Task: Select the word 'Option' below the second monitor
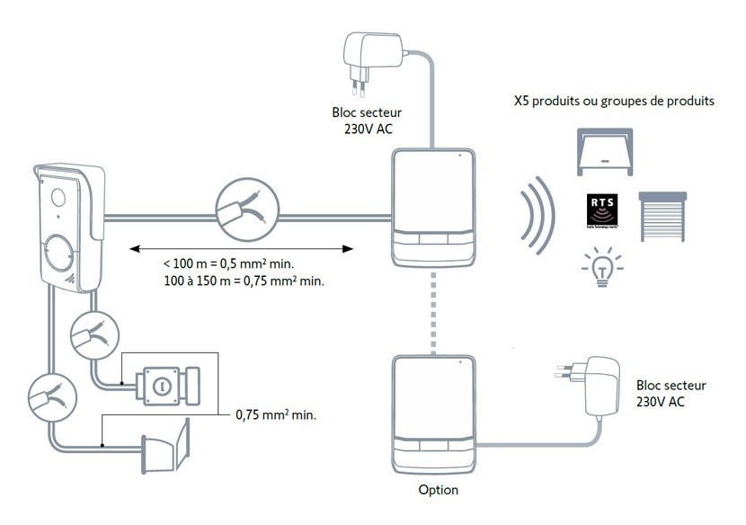click(x=438, y=490)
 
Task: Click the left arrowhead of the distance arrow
click(x=133, y=246)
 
